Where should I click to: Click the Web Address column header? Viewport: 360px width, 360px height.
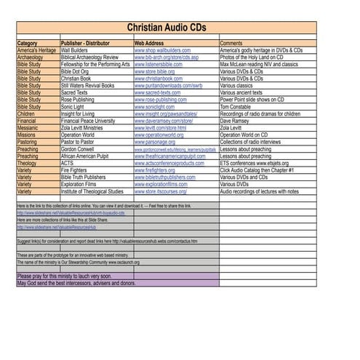tap(153, 44)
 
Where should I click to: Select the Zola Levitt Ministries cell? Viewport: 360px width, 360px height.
tap(87, 127)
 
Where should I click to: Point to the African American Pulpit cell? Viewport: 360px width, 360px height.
tap(89, 156)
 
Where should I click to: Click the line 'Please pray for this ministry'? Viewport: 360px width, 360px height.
tap(65, 276)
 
